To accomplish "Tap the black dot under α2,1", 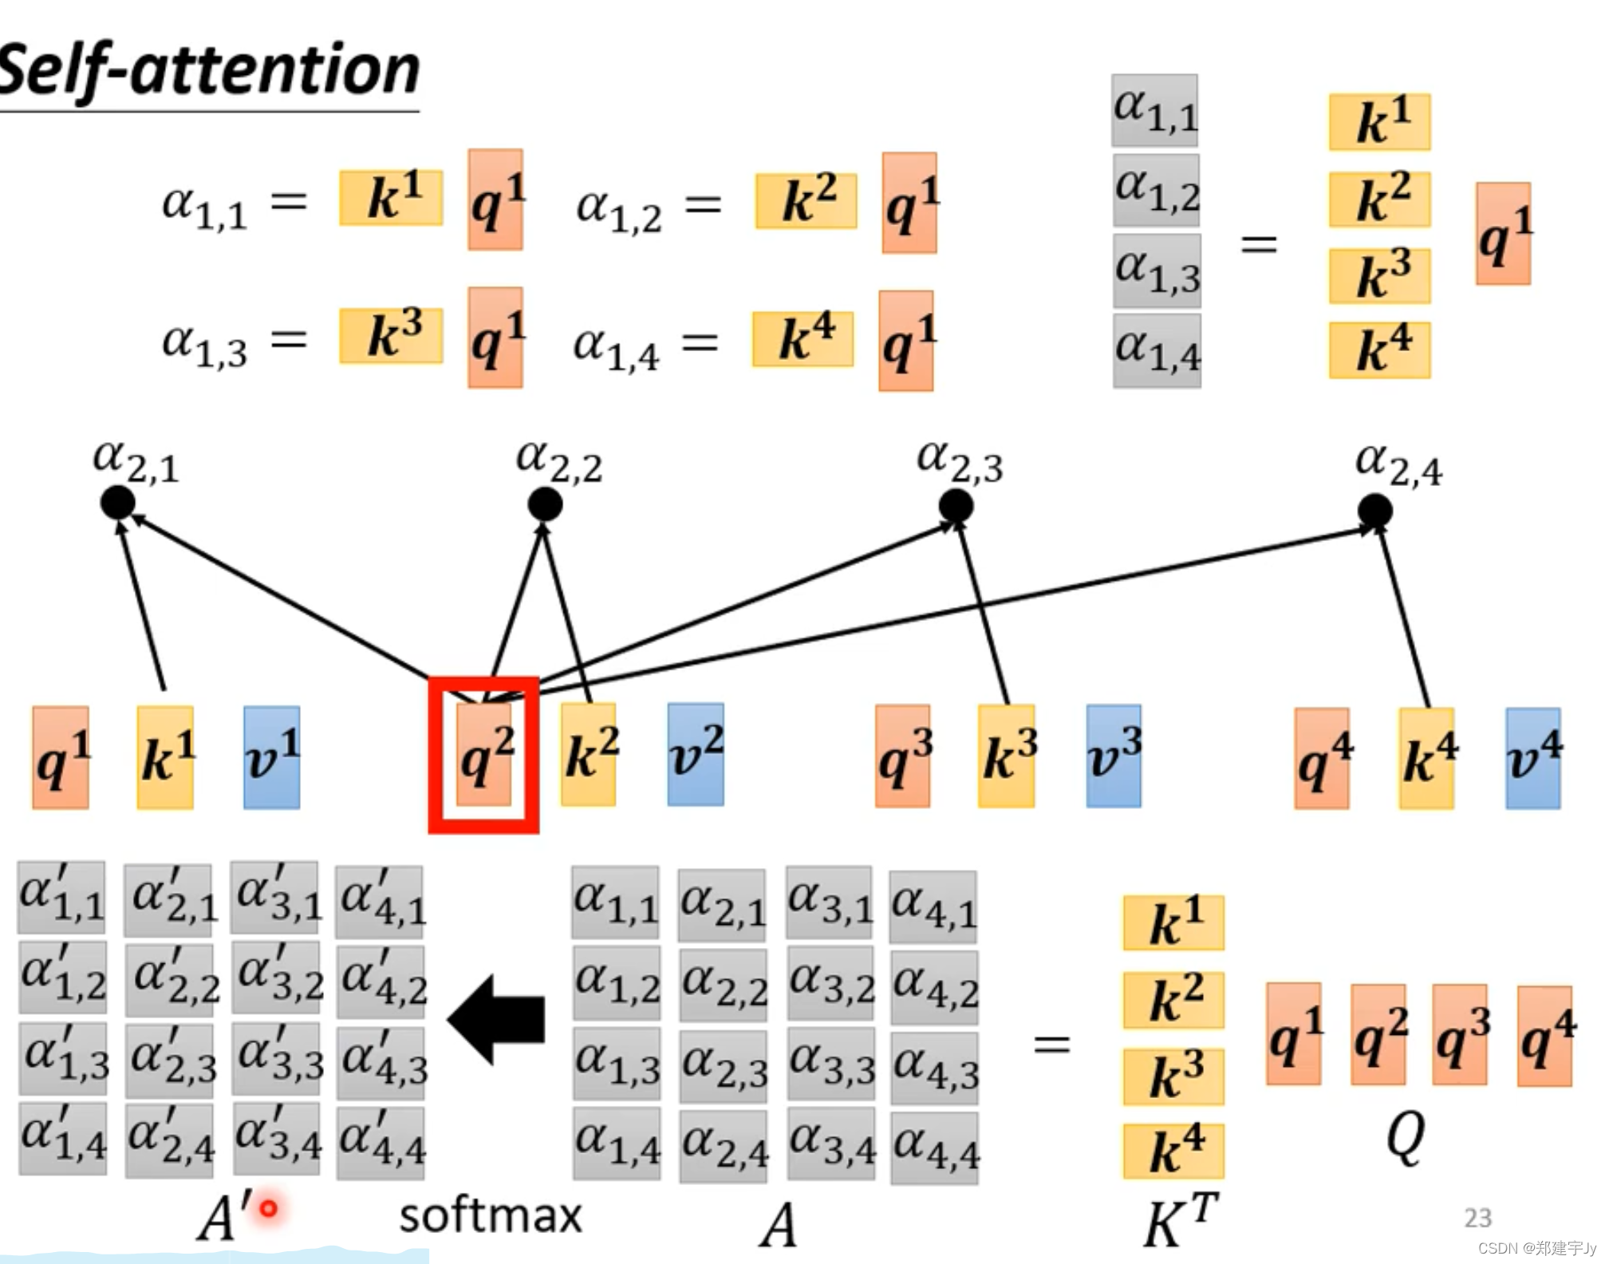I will tap(117, 503).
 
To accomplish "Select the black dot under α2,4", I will tap(1375, 511).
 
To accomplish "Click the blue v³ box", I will tap(1114, 756).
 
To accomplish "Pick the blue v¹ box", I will tap(272, 757).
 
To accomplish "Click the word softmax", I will tap(491, 1215).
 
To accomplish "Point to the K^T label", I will tap(1179, 1219).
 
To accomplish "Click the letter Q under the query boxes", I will tap(1405, 1136).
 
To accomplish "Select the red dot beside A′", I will tap(269, 1208).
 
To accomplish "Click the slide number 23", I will tap(1477, 1218).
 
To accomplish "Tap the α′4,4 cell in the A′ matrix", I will tap(381, 1141).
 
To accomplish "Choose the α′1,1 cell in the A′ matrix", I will tap(62, 897).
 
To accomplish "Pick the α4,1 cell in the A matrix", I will tap(933, 907).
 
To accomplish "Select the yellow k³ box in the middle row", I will tap(1008, 756).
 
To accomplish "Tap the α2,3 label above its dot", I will tap(959, 462).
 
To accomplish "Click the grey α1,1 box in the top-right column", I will tap(1155, 110).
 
